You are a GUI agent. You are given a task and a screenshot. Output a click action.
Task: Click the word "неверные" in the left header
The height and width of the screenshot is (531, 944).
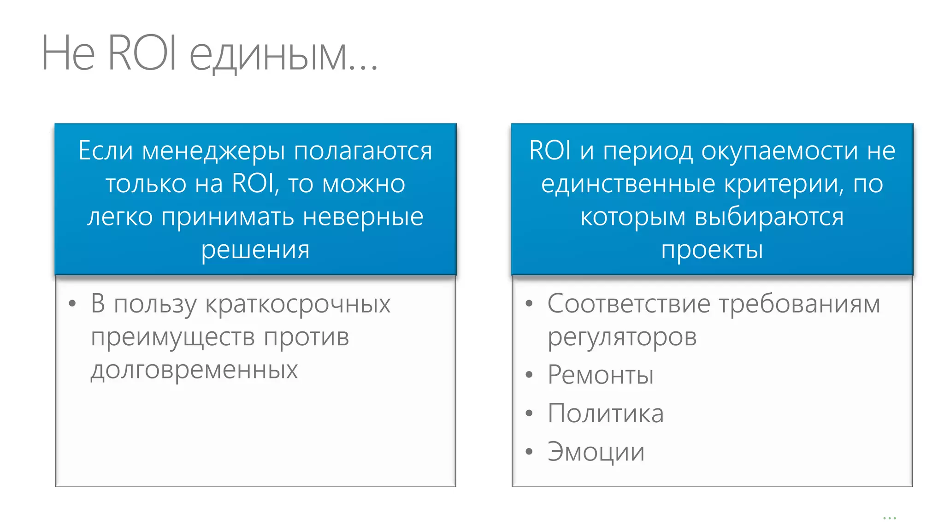[363, 218]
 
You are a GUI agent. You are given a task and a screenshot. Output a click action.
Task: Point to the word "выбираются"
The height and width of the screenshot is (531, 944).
[769, 218]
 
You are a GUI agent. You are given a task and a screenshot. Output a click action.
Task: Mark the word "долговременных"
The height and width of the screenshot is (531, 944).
[194, 370]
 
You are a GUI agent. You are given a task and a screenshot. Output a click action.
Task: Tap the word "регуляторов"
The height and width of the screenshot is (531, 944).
[622, 337]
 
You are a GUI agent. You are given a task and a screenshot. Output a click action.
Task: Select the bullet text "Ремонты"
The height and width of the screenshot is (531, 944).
[600, 375]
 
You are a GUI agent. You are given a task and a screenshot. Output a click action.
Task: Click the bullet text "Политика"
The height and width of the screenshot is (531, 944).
[605, 413]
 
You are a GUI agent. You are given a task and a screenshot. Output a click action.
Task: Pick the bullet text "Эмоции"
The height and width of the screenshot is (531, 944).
[596, 452]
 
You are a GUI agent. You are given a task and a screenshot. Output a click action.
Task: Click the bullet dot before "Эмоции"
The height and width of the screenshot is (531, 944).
[529, 452]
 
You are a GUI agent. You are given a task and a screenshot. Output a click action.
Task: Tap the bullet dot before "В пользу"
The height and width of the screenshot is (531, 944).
[72, 304]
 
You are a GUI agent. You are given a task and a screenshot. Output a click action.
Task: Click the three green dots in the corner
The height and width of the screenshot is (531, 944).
[889, 518]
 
